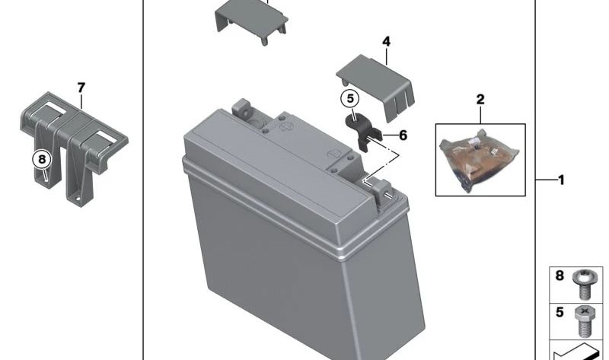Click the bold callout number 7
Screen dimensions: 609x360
tap(81, 88)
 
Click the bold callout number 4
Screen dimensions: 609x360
tap(386, 42)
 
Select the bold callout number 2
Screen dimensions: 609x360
tap(480, 100)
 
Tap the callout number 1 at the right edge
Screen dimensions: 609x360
tap(561, 180)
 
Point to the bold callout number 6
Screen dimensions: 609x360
tap(403, 135)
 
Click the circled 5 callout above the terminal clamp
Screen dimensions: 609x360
tap(350, 99)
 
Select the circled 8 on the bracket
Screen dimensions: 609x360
tap(42, 159)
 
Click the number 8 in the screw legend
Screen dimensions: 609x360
tap(560, 276)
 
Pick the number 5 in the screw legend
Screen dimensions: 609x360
tap(560, 312)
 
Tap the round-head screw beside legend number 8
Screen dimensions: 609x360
tap(582, 285)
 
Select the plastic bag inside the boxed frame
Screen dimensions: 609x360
tap(480, 160)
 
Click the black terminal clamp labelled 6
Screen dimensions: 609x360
tap(363, 132)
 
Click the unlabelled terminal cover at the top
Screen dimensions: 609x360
tap(251, 21)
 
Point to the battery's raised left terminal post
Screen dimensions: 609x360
tap(241, 109)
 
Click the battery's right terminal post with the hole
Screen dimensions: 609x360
tap(383, 192)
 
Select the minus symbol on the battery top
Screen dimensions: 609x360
tap(333, 154)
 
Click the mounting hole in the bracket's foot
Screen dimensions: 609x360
tap(78, 199)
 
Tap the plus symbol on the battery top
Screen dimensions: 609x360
tap(286, 127)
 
